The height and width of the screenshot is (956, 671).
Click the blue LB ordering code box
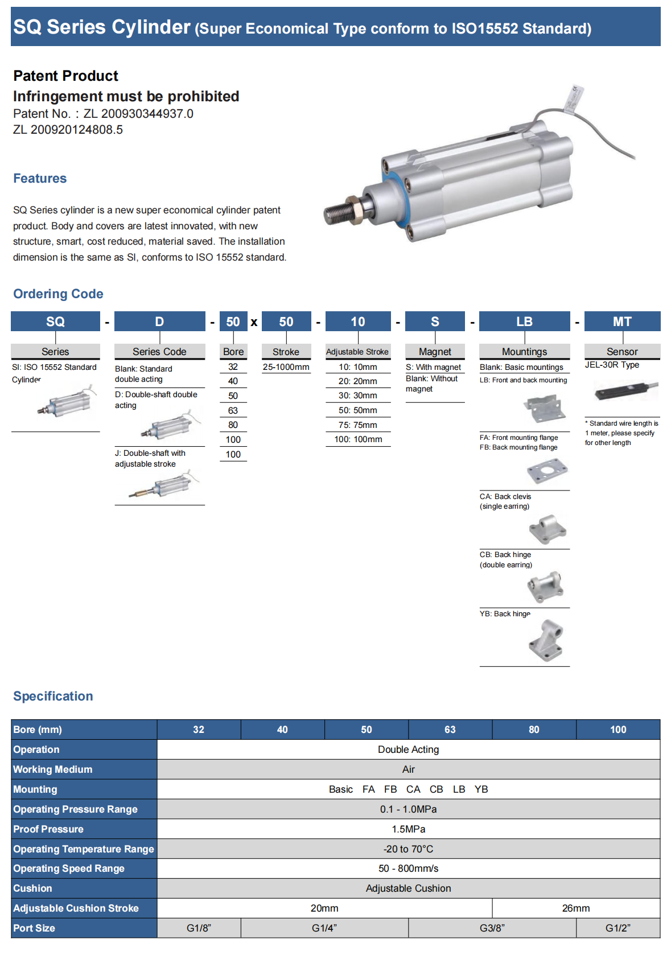[524, 322]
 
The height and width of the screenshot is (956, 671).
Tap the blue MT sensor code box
[622, 322]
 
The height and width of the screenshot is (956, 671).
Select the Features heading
[40, 179]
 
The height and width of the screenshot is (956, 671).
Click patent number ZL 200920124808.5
[68, 130]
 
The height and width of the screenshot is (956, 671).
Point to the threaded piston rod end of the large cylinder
[339, 213]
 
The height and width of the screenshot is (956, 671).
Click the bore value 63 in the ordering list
[233, 410]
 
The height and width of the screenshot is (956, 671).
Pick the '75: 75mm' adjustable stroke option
[357, 425]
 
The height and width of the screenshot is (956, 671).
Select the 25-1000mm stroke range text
[286, 367]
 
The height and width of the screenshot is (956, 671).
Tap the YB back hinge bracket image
[546, 640]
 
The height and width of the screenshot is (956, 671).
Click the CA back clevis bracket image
[547, 529]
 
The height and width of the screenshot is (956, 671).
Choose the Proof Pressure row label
[48, 829]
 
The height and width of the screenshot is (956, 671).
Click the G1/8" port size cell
[199, 928]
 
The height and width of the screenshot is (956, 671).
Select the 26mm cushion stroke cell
[575, 908]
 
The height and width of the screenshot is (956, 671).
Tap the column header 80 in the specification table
[533, 730]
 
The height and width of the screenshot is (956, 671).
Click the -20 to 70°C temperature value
[408, 849]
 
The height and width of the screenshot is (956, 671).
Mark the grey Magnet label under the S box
[435, 352]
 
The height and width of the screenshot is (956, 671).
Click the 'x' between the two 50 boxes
[254, 323]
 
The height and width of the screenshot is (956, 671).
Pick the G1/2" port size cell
[618, 928]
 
